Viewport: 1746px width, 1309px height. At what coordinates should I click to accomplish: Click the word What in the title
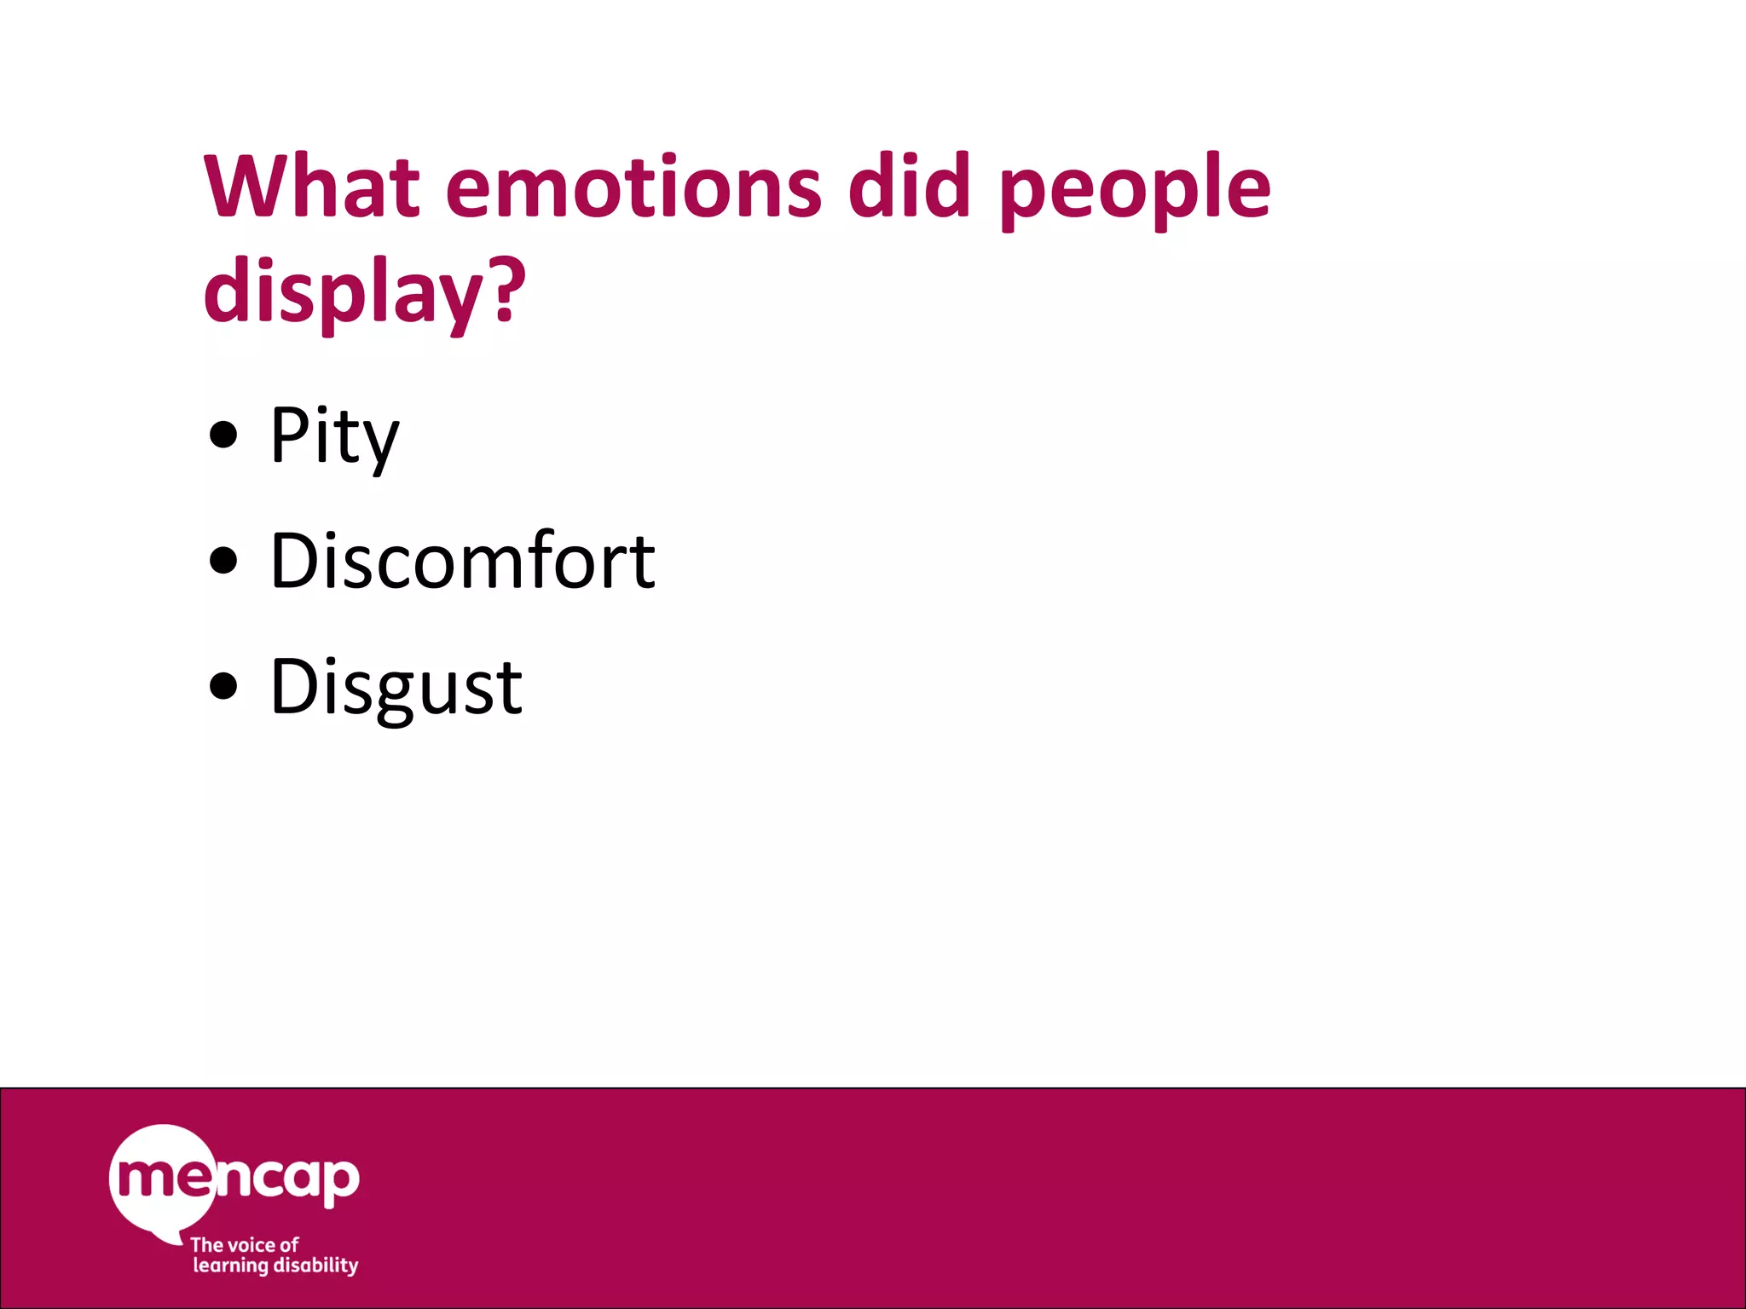pos(312,186)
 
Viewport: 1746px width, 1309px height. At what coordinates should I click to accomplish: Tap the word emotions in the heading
pos(633,186)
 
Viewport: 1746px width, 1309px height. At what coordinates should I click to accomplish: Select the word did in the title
pos(909,186)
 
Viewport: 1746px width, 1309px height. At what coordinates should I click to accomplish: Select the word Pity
pos(334,437)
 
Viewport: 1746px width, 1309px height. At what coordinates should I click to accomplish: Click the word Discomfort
pos(462,562)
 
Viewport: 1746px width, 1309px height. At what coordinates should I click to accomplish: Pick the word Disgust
pos(396,689)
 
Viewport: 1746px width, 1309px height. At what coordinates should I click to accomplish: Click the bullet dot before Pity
pos(223,435)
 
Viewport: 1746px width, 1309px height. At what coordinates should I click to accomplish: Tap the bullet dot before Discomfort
pos(223,562)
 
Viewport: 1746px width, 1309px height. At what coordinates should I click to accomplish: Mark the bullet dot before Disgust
pos(223,687)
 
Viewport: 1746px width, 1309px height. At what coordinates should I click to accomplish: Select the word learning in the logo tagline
pos(230,1266)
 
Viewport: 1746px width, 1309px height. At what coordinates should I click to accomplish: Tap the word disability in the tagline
pos(316,1266)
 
